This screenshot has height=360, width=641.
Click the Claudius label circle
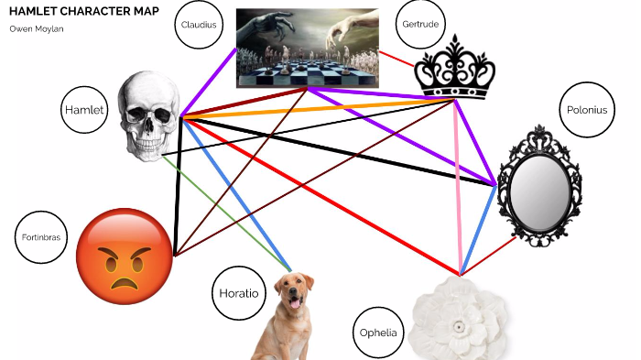coord(200,26)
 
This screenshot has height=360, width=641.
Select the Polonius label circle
coord(584,111)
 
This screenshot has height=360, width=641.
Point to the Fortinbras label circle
coord(41,238)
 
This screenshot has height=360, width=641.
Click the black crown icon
coord(454,69)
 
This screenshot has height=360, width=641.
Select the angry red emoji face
coord(124,256)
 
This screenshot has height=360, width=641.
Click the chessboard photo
coord(307,48)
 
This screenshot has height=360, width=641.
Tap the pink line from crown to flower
coord(458,183)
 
